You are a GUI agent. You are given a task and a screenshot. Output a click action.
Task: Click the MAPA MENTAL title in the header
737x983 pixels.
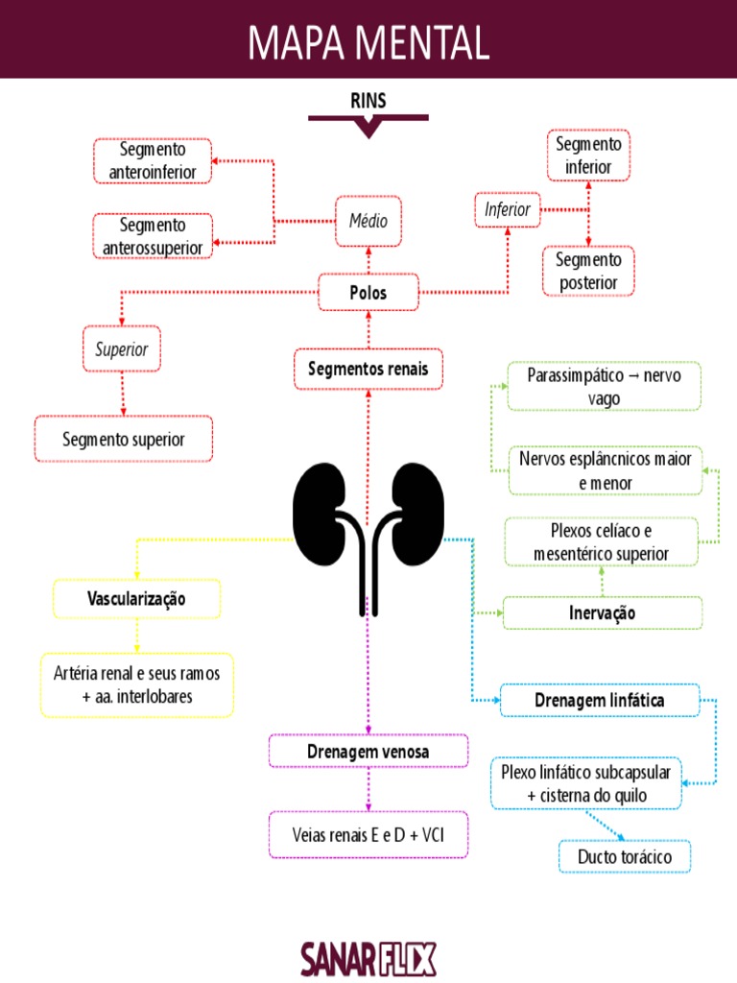click(x=368, y=41)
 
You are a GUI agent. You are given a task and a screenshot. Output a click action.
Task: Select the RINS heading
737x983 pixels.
click(x=368, y=99)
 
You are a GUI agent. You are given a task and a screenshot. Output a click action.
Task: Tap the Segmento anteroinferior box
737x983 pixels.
click(x=153, y=161)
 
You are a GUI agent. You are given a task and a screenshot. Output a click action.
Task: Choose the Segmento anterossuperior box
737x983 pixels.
click(x=153, y=236)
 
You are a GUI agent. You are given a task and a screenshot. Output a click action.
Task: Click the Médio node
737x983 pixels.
click(x=368, y=220)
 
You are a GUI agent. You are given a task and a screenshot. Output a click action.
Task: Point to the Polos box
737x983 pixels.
click(x=368, y=293)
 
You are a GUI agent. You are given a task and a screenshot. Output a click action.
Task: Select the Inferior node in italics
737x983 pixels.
click(x=508, y=209)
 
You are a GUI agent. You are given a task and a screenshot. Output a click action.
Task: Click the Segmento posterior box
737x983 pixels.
click(x=588, y=271)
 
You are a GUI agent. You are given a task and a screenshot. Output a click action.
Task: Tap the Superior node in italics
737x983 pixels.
click(x=122, y=349)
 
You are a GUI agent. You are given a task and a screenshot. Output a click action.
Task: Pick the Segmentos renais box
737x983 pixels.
click(x=368, y=369)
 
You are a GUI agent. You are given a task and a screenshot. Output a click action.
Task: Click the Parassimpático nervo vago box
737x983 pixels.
click(x=604, y=386)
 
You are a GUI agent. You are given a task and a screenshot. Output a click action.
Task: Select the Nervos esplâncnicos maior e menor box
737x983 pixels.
click(x=605, y=470)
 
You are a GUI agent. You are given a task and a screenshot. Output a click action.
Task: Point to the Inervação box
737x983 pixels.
click(x=603, y=612)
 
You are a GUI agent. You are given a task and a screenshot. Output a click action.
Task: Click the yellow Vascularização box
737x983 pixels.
click(x=137, y=598)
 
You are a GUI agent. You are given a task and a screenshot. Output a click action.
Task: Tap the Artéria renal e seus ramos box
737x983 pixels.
click(x=137, y=685)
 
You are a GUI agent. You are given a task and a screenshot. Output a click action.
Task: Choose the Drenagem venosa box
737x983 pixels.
click(x=368, y=752)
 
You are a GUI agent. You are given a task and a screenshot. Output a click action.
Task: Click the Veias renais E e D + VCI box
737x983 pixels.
click(x=368, y=835)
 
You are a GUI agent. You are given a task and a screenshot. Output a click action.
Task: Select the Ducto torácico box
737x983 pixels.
click(x=624, y=856)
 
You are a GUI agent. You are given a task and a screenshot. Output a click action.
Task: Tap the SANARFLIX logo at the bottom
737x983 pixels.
click(x=368, y=957)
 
